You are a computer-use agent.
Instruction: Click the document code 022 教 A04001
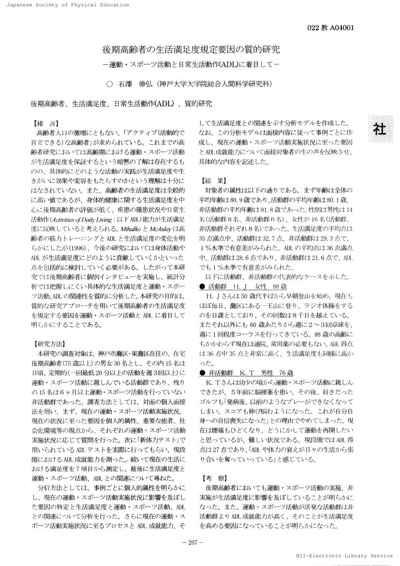pos(330,28)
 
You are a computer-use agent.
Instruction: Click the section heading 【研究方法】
pos(49,344)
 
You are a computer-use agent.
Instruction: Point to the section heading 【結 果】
pos(212,180)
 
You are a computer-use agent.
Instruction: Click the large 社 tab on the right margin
pos(379,129)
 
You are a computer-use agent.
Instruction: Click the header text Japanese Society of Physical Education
pos(64,5)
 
